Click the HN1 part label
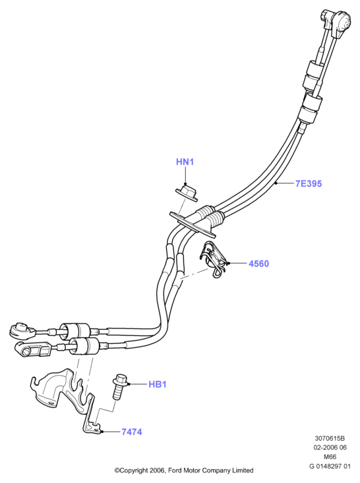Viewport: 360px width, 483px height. (x=185, y=162)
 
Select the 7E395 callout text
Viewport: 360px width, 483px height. (x=309, y=183)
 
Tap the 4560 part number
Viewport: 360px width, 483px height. (x=258, y=264)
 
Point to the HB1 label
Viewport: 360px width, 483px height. (x=158, y=385)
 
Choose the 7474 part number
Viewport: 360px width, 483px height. (x=132, y=432)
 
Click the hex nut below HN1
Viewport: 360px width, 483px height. (x=187, y=193)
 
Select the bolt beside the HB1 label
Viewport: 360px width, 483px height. (x=119, y=387)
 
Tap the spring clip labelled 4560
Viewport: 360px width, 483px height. (x=214, y=259)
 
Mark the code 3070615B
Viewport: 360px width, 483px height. (x=330, y=438)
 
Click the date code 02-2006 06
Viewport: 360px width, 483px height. (x=330, y=447)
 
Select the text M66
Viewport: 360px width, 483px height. (x=330, y=457)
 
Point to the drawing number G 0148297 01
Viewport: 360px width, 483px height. (x=330, y=467)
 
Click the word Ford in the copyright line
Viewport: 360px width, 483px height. (x=175, y=470)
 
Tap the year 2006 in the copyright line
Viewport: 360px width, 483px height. (x=158, y=470)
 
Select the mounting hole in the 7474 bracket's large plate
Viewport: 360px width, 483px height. (x=50, y=402)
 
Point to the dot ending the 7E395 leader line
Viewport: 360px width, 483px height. (x=276, y=183)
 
